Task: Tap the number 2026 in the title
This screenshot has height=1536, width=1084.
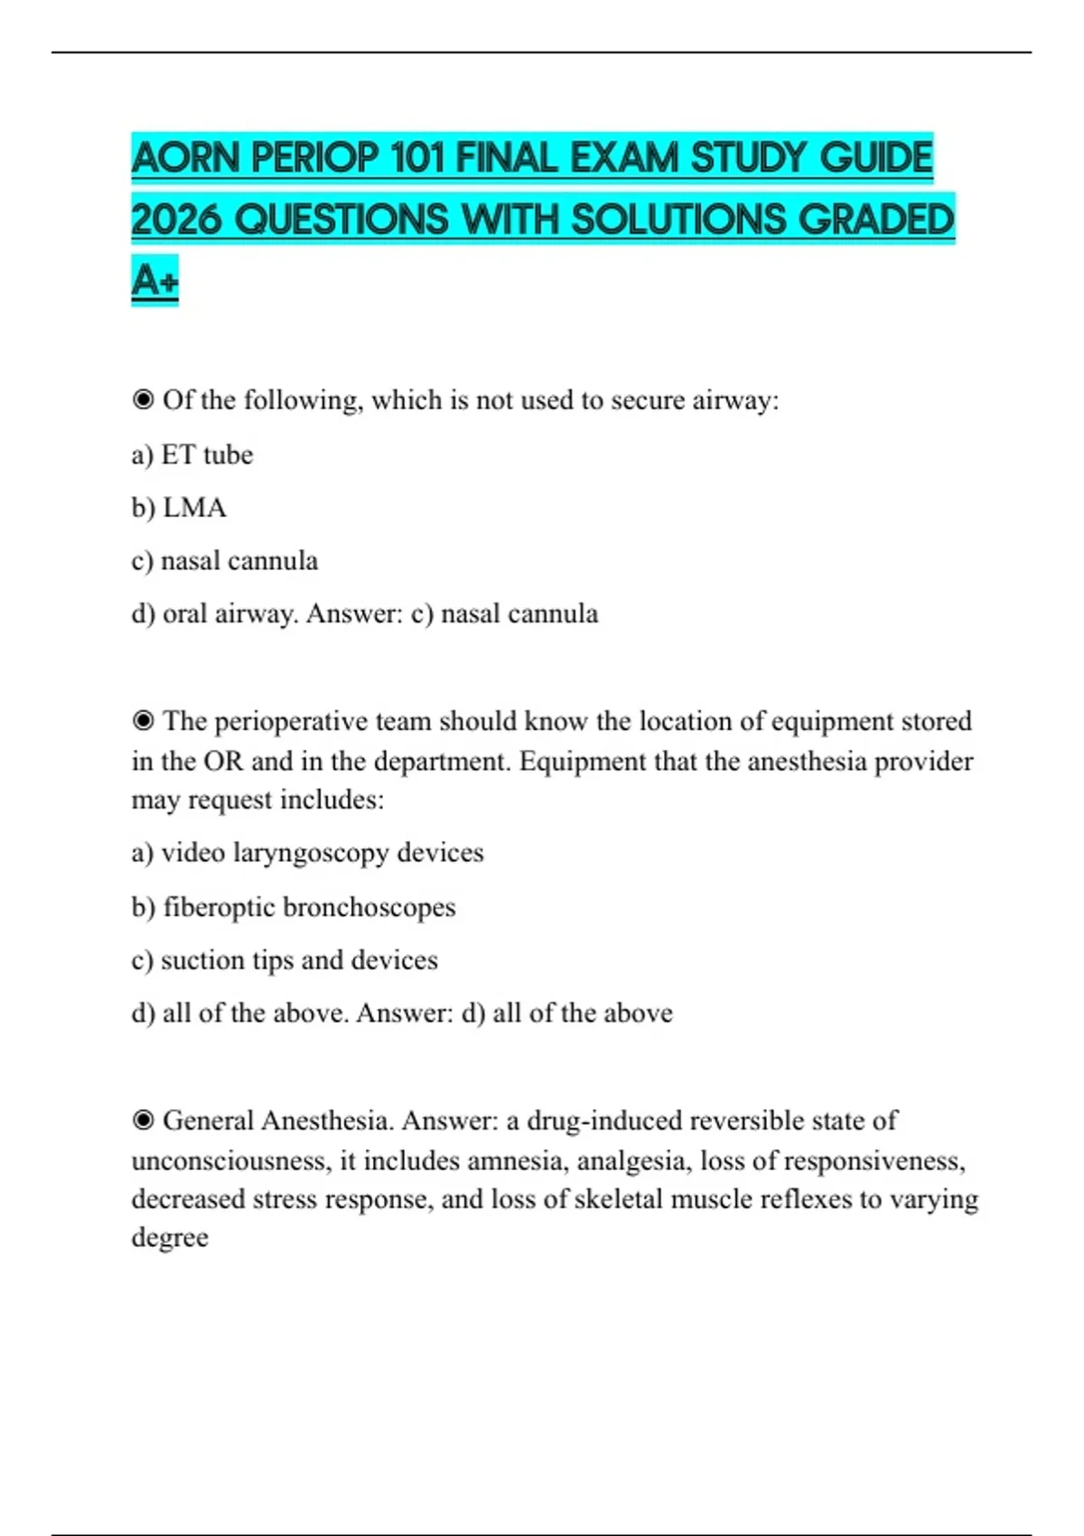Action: [177, 220]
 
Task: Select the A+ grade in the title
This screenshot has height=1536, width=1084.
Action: [154, 280]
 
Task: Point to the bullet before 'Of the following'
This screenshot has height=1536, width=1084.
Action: [143, 399]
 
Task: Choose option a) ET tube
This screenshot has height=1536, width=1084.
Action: [192, 454]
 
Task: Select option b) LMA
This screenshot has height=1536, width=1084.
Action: [179, 508]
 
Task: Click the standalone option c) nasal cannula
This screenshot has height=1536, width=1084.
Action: [225, 561]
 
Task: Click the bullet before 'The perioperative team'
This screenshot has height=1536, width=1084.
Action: [143, 721]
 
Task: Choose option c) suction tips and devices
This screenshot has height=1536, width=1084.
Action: [285, 960]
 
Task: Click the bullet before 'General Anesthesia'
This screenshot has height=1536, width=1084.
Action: [143, 1120]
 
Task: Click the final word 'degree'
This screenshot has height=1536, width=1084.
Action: [170, 1237]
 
